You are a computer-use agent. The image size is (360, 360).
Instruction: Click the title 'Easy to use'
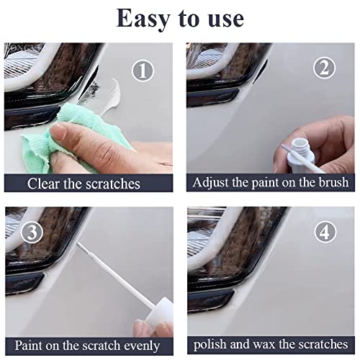point(180,18)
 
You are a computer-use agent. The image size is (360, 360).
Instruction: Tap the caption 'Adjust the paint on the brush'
point(271,183)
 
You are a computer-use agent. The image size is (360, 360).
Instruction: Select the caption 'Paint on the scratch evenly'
point(87,346)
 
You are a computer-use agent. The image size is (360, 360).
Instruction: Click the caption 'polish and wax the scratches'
point(270,346)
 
